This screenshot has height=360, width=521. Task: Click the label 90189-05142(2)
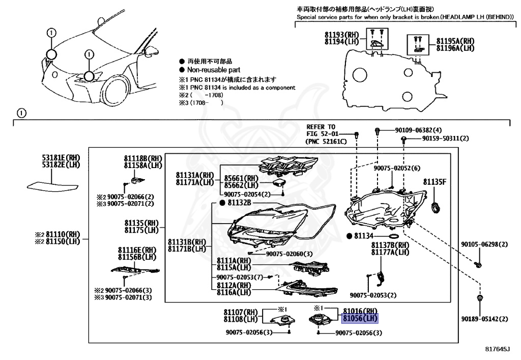coord(484,319)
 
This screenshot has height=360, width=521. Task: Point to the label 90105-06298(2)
coord(484,244)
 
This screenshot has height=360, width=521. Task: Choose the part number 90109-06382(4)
coord(418,130)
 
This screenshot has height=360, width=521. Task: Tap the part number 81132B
coord(238,203)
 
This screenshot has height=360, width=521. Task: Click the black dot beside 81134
coord(349,236)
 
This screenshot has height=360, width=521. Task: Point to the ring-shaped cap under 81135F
coord(435,207)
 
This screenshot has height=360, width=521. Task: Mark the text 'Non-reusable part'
coord(214,70)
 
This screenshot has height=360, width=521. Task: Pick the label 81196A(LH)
coord(455,48)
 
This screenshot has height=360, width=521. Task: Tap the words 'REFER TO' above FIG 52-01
coord(321,127)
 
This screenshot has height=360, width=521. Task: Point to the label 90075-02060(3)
coord(289,254)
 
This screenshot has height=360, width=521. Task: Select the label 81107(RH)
coord(241,312)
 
